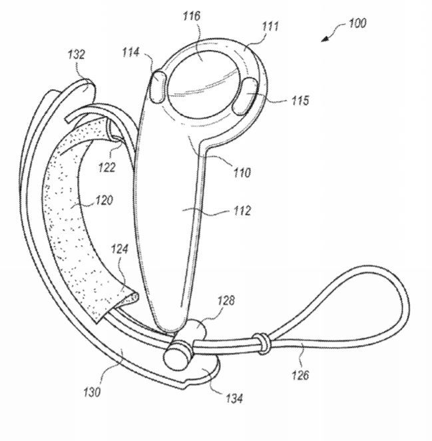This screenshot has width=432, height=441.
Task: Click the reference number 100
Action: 357,23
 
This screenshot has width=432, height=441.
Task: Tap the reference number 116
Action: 192,16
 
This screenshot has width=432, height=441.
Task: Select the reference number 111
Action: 270,26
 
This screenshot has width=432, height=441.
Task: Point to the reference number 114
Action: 130,53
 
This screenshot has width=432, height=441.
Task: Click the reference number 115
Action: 300,101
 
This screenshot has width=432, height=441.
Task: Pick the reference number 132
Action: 76,54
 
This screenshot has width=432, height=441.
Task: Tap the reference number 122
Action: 107,167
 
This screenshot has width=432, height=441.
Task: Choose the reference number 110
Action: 242,173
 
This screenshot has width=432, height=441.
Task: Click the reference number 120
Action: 104,201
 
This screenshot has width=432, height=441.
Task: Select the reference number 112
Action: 242,211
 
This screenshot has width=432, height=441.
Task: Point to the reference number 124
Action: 120,249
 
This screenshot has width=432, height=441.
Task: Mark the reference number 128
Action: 226,300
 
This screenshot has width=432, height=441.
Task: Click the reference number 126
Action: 300,375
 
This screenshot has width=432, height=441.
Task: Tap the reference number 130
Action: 92,392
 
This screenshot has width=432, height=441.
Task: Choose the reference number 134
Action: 234,398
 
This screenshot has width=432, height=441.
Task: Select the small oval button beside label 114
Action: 158,87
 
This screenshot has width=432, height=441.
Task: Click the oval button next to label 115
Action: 246,96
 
